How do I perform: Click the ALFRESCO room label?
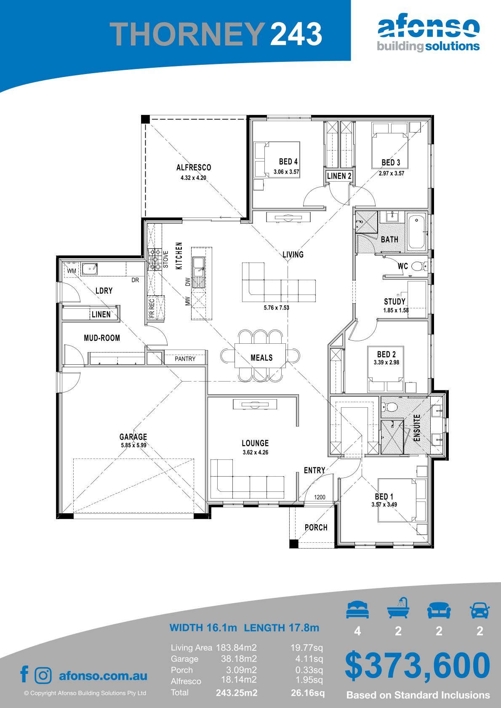click(x=194, y=167)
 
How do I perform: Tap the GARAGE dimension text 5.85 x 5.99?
click(x=133, y=445)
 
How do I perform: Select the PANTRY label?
click(x=185, y=359)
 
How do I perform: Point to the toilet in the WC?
click(x=418, y=266)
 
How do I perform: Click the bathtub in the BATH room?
click(x=416, y=232)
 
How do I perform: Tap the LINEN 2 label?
click(x=339, y=176)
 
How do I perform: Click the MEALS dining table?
click(x=260, y=355)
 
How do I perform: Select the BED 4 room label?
click(x=288, y=162)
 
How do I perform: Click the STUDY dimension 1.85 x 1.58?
click(x=396, y=310)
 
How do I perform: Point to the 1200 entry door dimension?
click(x=320, y=497)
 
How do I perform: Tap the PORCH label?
click(x=316, y=527)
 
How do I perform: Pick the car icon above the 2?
click(x=480, y=610)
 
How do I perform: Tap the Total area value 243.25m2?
click(x=237, y=693)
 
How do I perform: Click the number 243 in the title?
click(x=296, y=34)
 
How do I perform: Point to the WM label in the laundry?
click(x=72, y=271)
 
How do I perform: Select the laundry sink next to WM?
click(x=90, y=269)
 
